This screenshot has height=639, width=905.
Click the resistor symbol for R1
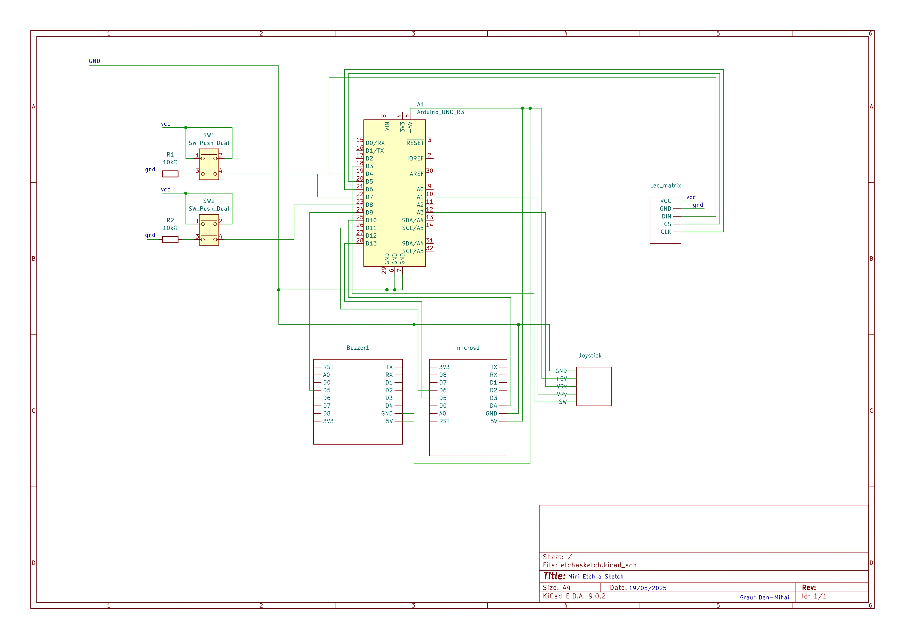point(170,174)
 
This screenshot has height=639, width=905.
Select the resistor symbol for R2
point(170,239)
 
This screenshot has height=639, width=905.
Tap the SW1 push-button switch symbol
point(209,164)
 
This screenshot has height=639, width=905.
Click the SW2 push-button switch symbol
point(209,230)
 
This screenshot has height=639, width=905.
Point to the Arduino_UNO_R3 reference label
point(440,112)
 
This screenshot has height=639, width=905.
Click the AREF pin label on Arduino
point(416,174)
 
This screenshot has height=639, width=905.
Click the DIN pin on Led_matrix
point(666,216)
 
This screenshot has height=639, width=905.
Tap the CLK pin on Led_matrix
point(666,232)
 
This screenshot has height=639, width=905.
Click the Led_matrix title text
point(665,186)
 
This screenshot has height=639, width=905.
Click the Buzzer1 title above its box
point(358,348)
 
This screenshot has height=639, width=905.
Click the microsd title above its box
point(468,348)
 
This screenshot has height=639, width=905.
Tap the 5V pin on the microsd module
point(494,421)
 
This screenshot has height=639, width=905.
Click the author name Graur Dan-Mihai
point(764,597)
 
